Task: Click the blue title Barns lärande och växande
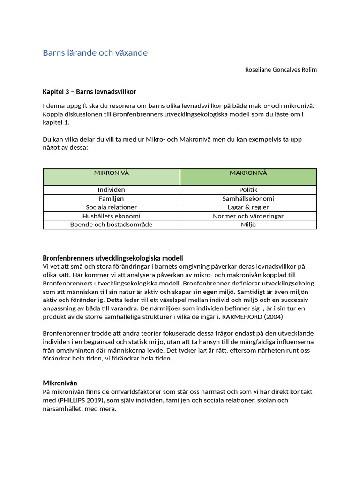pyautogui.click(x=95, y=53)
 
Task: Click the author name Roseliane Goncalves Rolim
pyautogui.click(x=281, y=70)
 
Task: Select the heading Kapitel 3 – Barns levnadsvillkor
pyautogui.click(x=89, y=91)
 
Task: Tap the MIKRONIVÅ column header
pyautogui.click(x=112, y=173)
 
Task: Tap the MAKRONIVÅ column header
pyautogui.click(x=248, y=173)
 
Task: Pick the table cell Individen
pyautogui.click(x=112, y=190)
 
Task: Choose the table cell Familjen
pyautogui.click(x=112, y=198)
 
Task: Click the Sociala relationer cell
pyautogui.click(x=112, y=207)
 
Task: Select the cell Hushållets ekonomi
pyautogui.click(x=112, y=216)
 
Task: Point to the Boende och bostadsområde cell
pyautogui.click(x=112, y=224)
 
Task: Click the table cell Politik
pyautogui.click(x=248, y=190)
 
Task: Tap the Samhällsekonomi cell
pyautogui.click(x=248, y=198)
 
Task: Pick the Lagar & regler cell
pyautogui.click(x=248, y=207)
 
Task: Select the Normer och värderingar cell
pyautogui.click(x=248, y=216)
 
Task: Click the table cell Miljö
pyautogui.click(x=248, y=224)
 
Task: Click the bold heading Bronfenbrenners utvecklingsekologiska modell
pyautogui.click(x=112, y=258)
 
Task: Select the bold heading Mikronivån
pyautogui.click(x=60, y=383)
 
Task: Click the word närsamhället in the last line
pyautogui.click(x=62, y=409)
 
